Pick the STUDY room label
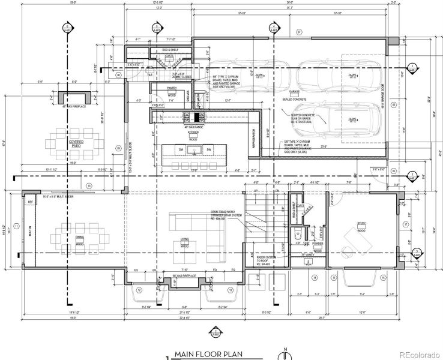[361, 224]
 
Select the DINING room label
[79, 238]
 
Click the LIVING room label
[184, 238]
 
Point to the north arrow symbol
[286, 352]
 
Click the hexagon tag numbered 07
[298, 32]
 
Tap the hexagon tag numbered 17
[406, 224]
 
